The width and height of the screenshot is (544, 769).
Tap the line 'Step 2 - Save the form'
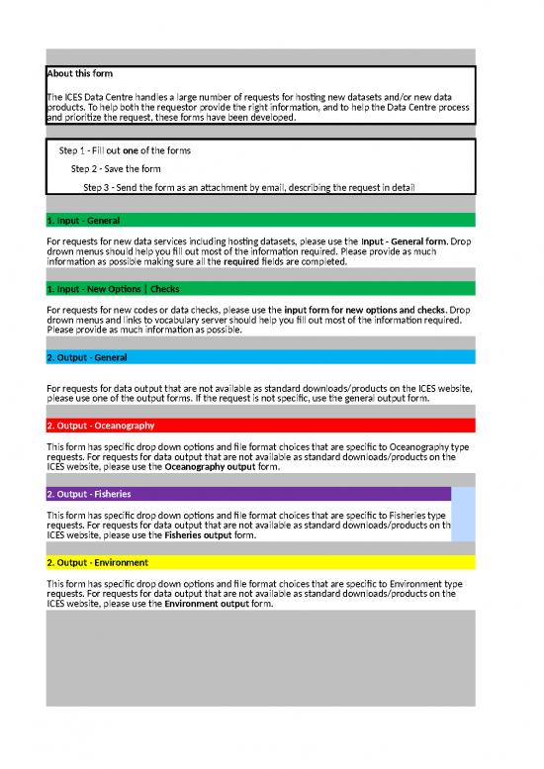[117, 168]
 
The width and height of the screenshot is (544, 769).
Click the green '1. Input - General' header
[83, 220]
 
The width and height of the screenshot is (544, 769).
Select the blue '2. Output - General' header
[86, 356]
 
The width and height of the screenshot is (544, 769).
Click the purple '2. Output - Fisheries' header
[89, 493]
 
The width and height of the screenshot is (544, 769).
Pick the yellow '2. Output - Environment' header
[96, 562]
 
